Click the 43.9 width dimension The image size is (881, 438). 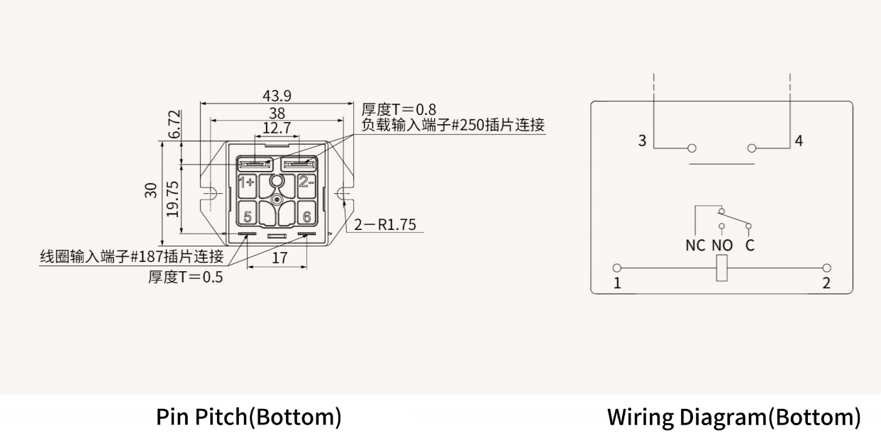pos(277,96)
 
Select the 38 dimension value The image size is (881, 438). pos(277,114)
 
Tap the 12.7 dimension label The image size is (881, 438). pos(277,128)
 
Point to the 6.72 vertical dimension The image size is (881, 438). pos(174,124)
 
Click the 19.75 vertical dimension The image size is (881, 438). pos(172,199)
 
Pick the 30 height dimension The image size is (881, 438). pos(151,190)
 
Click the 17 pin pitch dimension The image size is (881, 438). pos(279,258)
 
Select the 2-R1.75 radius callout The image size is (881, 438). pos(385,224)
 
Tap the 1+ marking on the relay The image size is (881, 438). pos(247,182)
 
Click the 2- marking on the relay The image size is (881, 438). pos(306,182)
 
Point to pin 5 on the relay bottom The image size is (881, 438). pos(248,217)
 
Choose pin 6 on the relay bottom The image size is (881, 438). pos(306,217)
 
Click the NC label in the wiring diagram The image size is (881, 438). pos(695,246)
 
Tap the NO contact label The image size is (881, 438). pos(723,246)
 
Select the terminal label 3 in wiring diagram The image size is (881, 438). pos(642,141)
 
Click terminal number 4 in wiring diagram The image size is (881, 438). pos(799,141)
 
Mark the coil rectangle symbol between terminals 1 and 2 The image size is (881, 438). pos(721,268)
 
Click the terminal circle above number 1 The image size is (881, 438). pos(617,268)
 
